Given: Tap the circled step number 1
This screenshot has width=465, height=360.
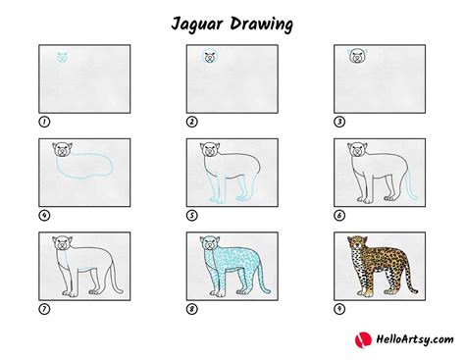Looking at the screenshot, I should [x=44, y=123].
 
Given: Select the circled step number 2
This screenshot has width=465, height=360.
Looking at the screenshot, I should [x=192, y=123].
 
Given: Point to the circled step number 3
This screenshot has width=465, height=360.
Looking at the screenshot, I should [x=339, y=123].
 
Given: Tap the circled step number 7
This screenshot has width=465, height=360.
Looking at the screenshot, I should [x=44, y=310].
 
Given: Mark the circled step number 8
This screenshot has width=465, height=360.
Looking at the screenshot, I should [x=192, y=310].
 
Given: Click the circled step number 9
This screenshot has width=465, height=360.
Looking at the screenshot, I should [x=339, y=310].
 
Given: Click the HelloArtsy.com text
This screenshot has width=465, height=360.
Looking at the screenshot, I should [x=403, y=340].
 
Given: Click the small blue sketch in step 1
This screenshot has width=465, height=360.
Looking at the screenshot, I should [x=65, y=57].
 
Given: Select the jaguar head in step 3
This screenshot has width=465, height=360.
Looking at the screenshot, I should [x=358, y=57].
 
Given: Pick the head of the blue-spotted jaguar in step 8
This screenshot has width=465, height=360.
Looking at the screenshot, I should [x=210, y=245].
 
